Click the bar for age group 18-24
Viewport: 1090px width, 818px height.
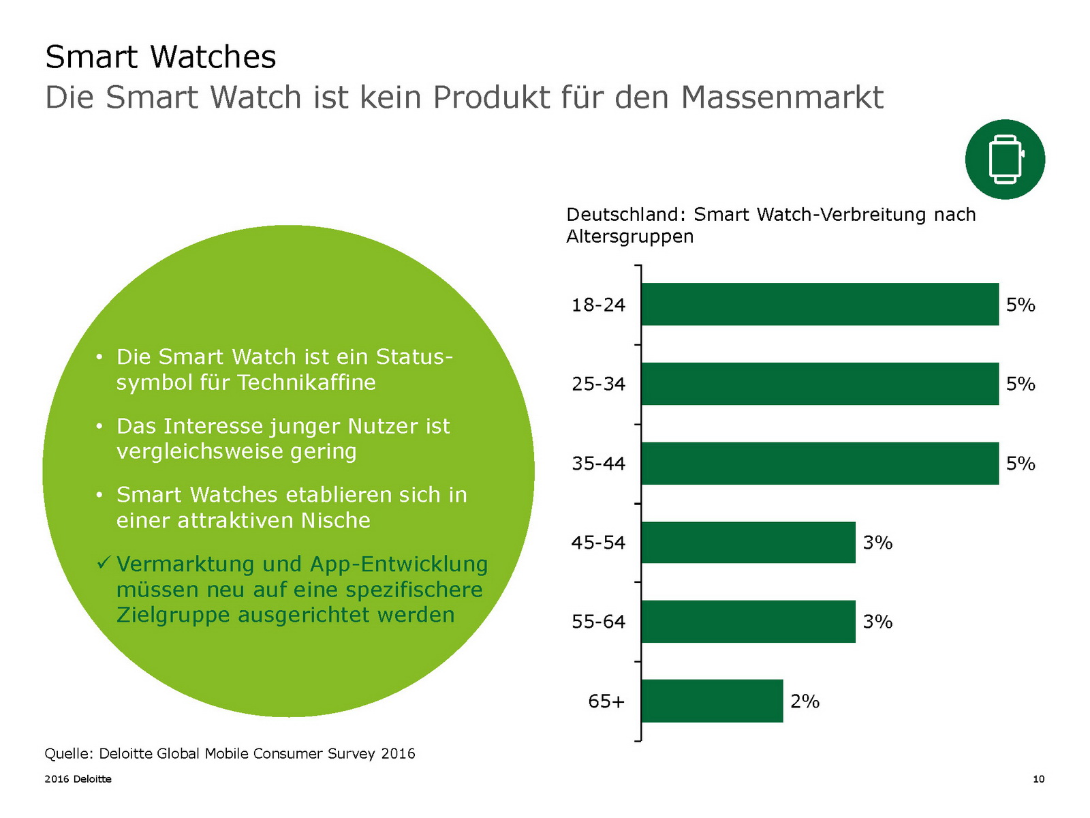[x=820, y=304]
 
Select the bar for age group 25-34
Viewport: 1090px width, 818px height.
[x=820, y=384]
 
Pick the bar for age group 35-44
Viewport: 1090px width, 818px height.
[x=820, y=464]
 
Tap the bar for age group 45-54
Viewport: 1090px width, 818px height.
[x=748, y=543]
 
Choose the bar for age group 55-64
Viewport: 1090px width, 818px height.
[x=748, y=622]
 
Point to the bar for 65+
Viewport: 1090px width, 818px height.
[x=712, y=701]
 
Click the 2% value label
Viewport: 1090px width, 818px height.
[x=805, y=701]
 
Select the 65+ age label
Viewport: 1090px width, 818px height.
[x=606, y=701]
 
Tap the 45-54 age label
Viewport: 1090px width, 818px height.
[x=598, y=543]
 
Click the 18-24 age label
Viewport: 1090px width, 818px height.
[x=598, y=305]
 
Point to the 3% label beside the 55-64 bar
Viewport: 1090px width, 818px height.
[x=877, y=622]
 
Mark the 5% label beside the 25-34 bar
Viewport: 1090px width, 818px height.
[x=1021, y=384]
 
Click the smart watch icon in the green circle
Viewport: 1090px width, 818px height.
[x=1005, y=160]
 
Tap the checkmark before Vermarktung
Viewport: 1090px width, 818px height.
[x=104, y=563]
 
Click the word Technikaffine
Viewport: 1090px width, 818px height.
[x=307, y=382]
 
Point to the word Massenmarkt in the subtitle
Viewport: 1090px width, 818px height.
[x=781, y=97]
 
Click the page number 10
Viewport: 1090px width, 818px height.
[x=1038, y=779]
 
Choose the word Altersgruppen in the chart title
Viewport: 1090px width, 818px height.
[x=629, y=237]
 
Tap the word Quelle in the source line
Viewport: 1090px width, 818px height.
[x=67, y=753]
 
